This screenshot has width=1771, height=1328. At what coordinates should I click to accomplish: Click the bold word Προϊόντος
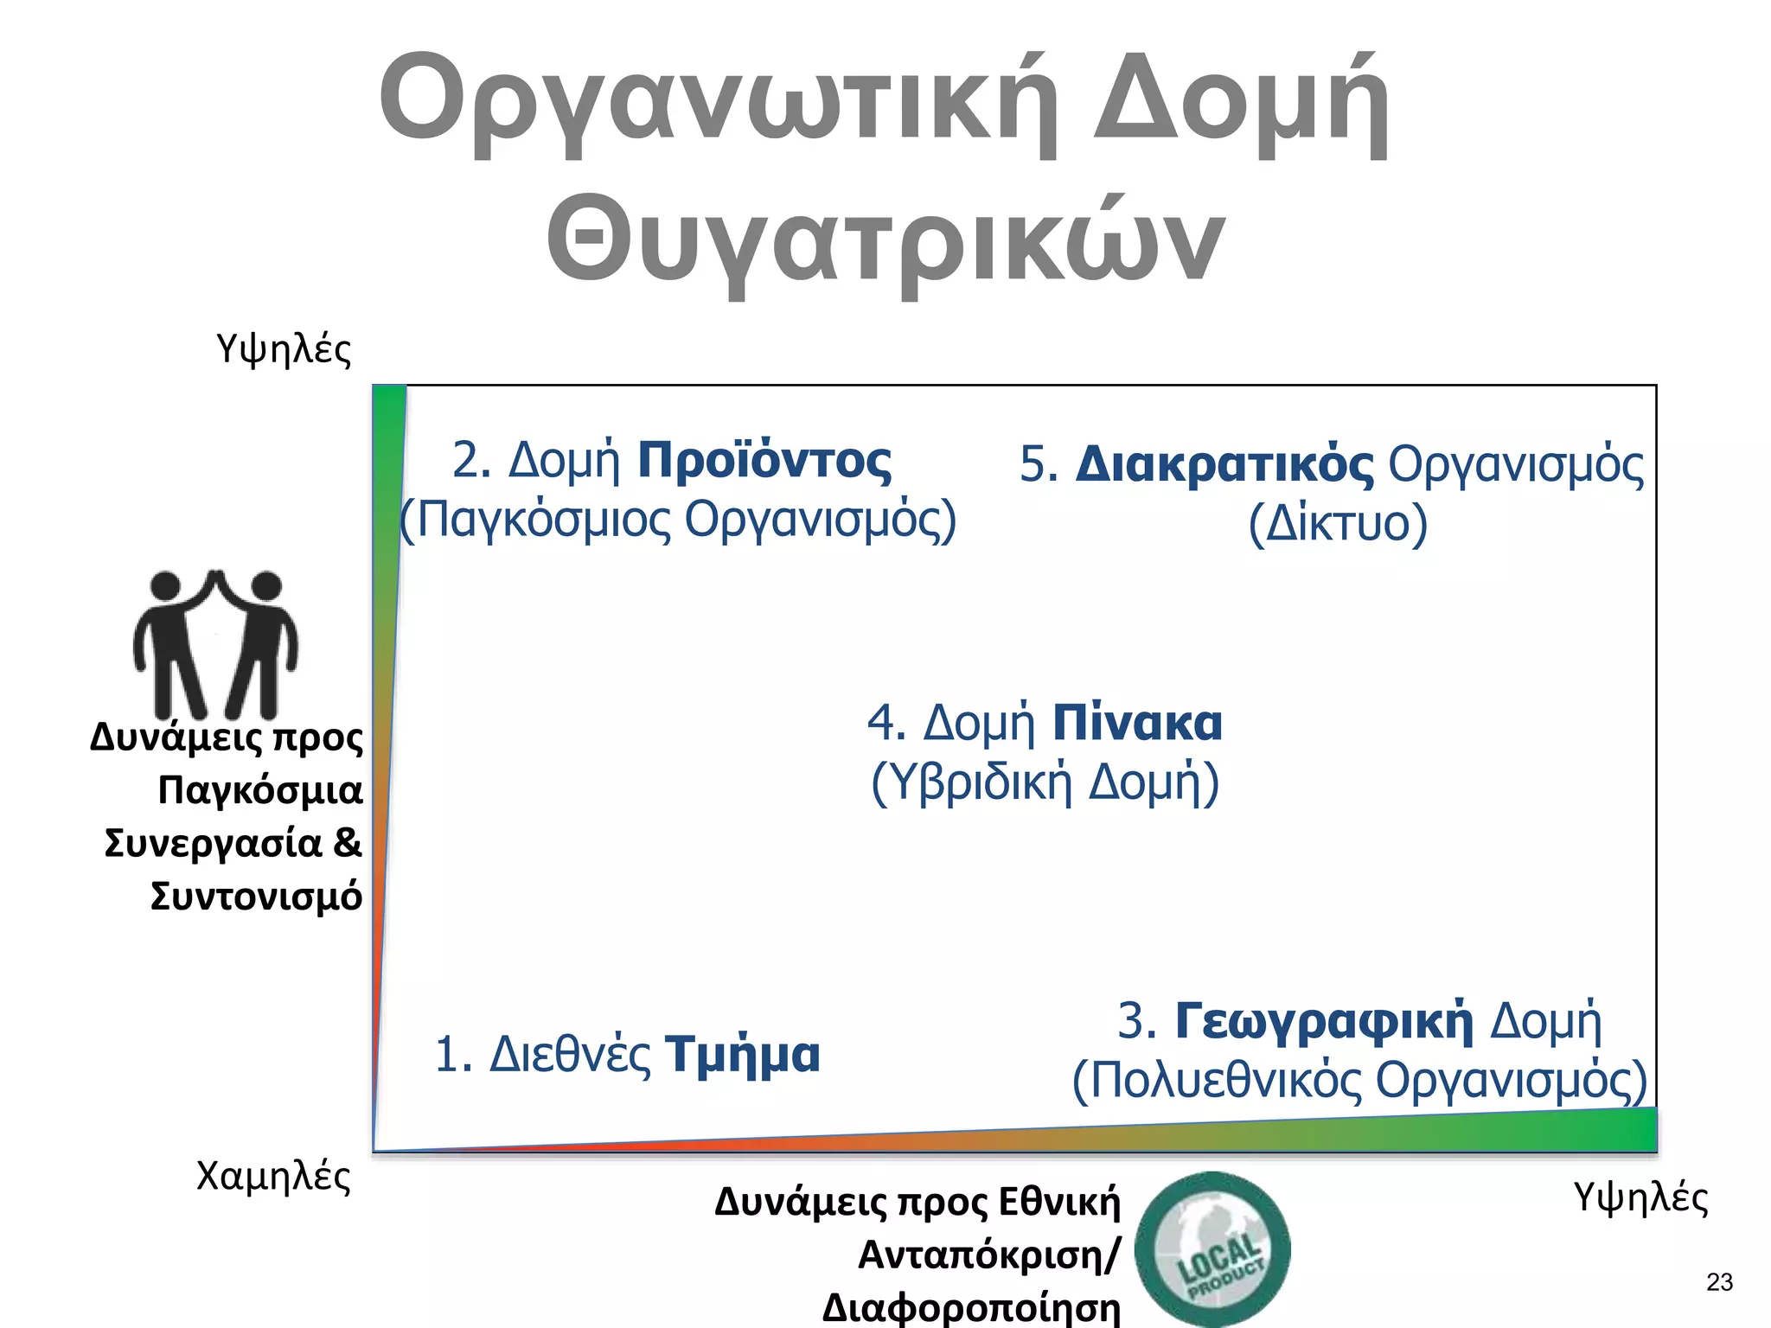tap(764, 460)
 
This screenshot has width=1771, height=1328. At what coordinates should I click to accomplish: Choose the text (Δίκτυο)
tap(1337, 523)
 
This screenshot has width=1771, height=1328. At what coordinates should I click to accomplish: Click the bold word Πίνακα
tap(1137, 723)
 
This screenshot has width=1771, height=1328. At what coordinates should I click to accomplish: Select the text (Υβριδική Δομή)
tap(1045, 782)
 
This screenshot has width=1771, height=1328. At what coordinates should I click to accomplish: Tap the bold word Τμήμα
tap(742, 1055)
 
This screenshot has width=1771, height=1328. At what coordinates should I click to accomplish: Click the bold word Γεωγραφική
tap(1323, 1020)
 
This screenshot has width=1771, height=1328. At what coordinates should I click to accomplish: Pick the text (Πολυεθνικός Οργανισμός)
tap(1359, 1080)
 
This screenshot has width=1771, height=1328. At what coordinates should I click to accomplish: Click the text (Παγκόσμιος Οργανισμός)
tap(679, 520)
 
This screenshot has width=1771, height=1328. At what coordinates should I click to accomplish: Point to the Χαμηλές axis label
tap(273, 1177)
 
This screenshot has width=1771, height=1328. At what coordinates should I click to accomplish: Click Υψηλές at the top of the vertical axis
tap(284, 349)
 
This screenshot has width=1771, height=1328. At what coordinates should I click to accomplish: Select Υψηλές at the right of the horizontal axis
tap(1640, 1197)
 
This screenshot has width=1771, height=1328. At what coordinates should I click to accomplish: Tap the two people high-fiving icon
tap(215, 643)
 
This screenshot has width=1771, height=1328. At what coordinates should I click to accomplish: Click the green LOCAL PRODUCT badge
tap(1212, 1249)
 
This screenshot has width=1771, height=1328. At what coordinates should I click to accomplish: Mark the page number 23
tap(1719, 1282)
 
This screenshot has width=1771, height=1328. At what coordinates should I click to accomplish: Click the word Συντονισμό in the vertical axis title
tap(256, 897)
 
